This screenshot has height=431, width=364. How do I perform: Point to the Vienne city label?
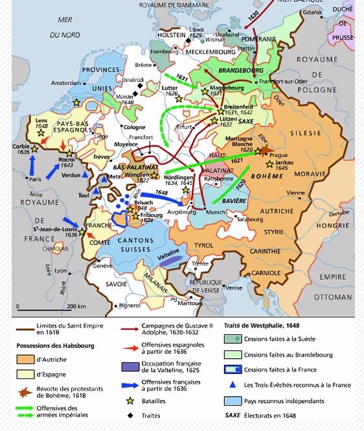(x=296, y=193)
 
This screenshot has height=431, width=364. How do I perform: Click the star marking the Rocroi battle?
(x=69, y=154)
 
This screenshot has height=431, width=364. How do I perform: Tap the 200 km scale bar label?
(x=76, y=306)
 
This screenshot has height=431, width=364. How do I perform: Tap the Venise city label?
(x=234, y=288)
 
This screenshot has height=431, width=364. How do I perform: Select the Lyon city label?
(x=61, y=271)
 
